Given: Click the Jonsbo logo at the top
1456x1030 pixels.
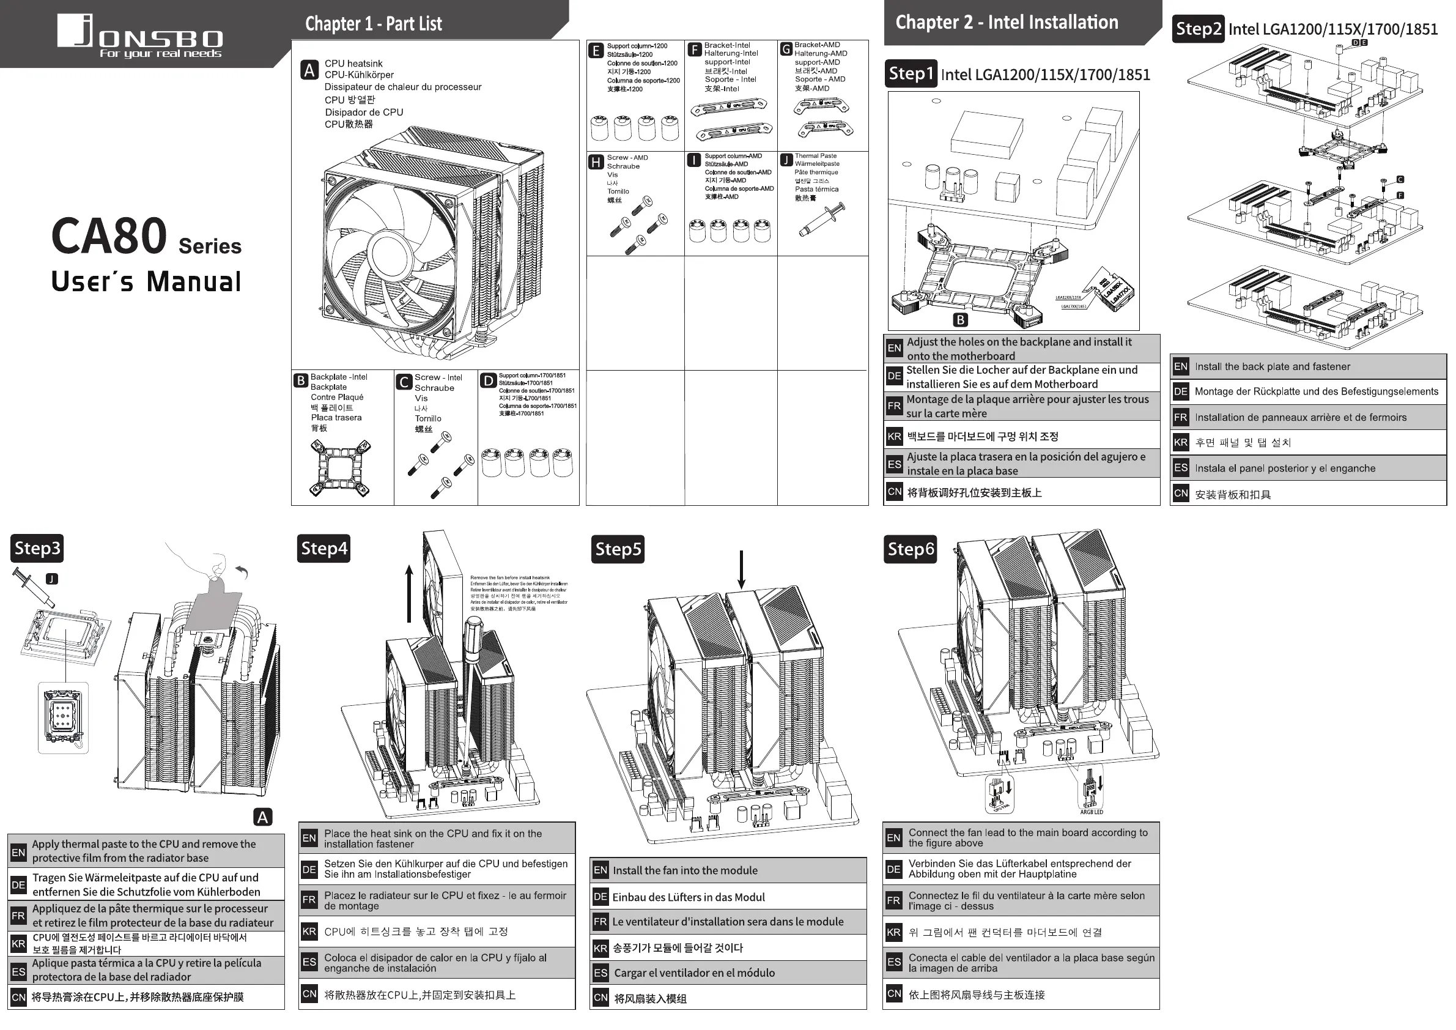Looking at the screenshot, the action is point(140,35).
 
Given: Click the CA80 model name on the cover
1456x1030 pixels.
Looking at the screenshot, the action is point(109,237).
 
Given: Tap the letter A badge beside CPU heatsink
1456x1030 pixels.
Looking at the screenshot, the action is point(309,70).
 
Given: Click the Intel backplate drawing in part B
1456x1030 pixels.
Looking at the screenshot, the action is point(341,468).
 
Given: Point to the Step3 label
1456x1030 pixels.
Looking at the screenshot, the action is point(37,548).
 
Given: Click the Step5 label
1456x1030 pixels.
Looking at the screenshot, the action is point(618,549).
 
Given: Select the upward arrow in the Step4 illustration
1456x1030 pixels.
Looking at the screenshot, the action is point(409,593).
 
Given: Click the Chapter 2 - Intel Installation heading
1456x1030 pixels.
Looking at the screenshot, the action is point(1007,23).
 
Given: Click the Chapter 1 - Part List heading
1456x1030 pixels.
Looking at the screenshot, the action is point(374,24).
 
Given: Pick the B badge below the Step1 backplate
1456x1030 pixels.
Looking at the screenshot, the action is point(960,320).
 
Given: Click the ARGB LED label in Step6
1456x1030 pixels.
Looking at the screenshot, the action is point(1092,812).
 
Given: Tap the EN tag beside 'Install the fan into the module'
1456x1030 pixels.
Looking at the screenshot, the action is point(600,870).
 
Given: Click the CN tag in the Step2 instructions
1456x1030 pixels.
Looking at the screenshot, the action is point(1180,494).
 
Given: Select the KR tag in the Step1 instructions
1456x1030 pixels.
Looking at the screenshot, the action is point(894,436).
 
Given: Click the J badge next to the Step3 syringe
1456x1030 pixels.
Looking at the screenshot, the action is point(52,579).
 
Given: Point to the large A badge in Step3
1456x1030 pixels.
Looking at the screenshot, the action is point(262,817).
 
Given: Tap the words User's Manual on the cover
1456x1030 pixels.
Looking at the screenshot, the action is point(146,281).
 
